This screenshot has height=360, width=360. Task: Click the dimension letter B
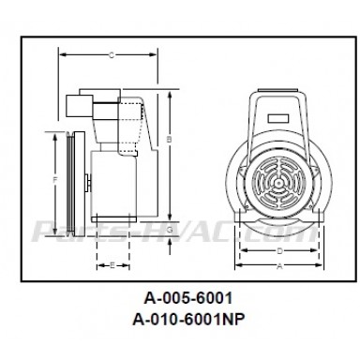pos(168,139)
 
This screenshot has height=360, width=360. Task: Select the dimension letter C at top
pos(112,55)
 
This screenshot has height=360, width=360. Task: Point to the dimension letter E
pos(112,266)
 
